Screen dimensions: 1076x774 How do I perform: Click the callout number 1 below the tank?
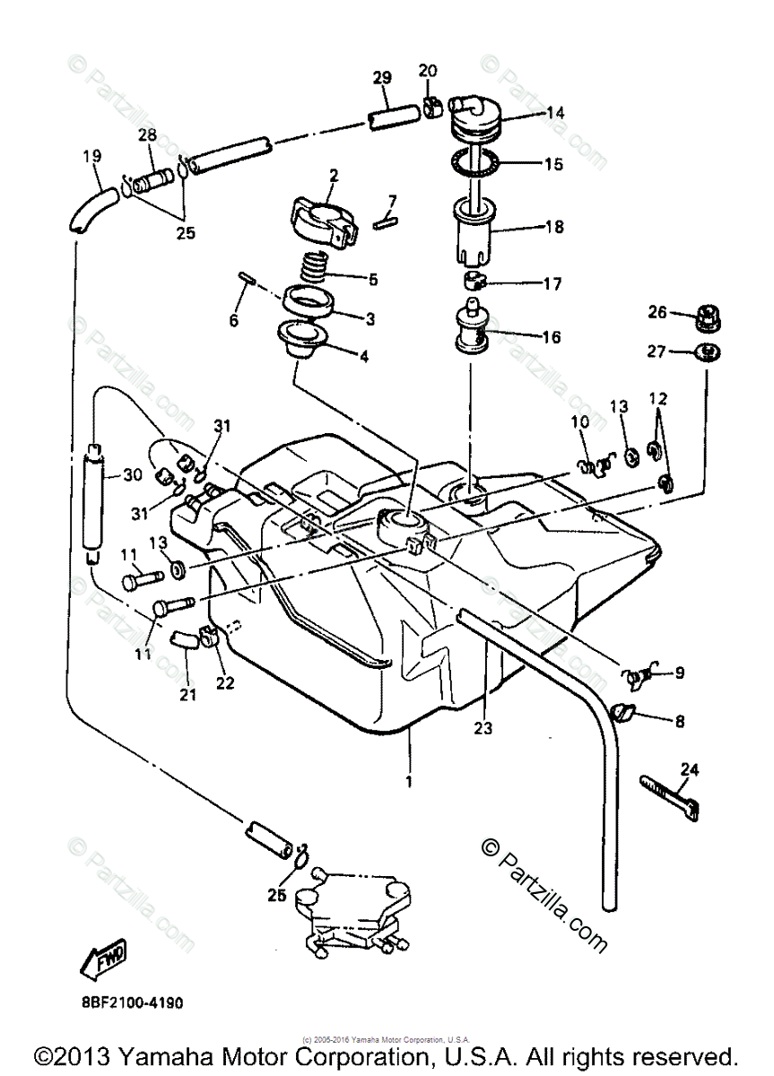point(409,782)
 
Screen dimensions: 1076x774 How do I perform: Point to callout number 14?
point(555,113)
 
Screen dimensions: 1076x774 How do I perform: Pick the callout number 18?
point(555,228)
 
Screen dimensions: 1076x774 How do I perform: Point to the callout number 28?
point(147,134)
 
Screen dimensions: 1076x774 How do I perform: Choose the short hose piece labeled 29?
point(392,117)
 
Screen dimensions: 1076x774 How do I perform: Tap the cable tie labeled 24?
point(669,794)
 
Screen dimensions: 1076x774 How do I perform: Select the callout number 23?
point(483,729)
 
